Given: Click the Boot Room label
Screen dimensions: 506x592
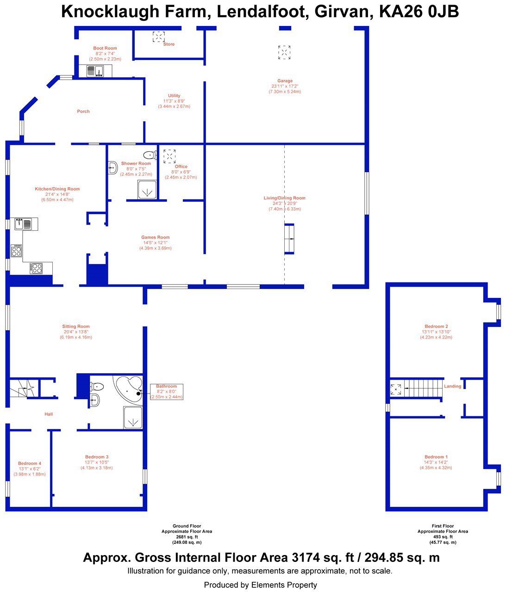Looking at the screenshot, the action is [x=105, y=48].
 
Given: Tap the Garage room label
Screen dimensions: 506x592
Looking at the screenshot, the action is [x=285, y=81].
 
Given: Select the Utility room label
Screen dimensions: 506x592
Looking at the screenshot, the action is [x=174, y=96].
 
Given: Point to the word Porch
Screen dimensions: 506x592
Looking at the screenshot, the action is [x=83, y=111].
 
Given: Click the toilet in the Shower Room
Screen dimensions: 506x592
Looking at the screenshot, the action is [x=150, y=155].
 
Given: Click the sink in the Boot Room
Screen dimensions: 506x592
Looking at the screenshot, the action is [x=99, y=71].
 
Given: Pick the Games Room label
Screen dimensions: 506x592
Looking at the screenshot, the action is [x=156, y=237].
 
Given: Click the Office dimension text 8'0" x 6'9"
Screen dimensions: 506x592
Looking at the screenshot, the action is [x=181, y=172].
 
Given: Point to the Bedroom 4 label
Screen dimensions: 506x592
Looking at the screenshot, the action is [x=30, y=463].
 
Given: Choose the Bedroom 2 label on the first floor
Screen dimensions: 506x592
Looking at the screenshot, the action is [x=436, y=326].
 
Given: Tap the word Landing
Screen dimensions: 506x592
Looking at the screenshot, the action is [x=452, y=386].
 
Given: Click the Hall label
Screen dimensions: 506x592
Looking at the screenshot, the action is [x=49, y=414].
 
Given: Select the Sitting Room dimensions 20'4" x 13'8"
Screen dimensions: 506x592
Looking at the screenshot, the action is [x=76, y=332].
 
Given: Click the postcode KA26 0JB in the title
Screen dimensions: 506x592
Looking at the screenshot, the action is [x=419, y=12].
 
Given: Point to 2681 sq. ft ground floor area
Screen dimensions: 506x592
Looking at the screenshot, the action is [x=187, y=536].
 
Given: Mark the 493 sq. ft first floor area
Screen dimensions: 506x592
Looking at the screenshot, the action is [x=443, y=536].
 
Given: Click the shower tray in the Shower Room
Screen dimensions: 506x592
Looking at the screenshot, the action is [x=147, y=189].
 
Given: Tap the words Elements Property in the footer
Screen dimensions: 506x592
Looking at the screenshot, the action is [x=284, y=585].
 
